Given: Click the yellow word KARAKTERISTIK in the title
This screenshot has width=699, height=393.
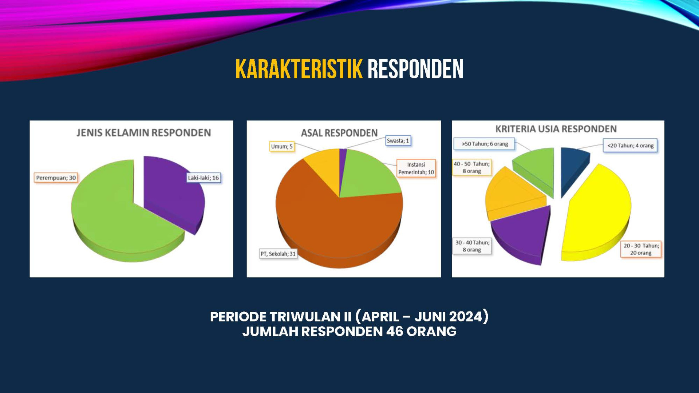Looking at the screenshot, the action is tap(299, 69).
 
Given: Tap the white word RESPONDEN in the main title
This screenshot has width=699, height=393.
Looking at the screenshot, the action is tap(415, 69).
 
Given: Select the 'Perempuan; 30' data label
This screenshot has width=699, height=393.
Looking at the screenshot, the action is tap(56, 178).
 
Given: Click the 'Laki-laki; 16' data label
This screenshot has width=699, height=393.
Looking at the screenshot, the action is tap(204, 178).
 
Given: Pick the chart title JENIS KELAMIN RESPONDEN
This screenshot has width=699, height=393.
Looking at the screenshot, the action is tap(143, 132).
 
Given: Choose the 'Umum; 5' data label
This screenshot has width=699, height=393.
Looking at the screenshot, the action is tap(282, 146).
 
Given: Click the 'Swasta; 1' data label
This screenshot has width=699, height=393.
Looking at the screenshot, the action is tap(398, 140).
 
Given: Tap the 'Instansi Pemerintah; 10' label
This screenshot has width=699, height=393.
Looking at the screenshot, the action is tap(416, 168).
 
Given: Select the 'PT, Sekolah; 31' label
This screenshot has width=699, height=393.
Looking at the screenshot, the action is tap(278, 254).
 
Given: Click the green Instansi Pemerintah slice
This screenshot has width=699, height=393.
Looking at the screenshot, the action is tap(368, 175).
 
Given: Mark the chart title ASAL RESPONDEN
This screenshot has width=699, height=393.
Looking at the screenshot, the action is tap(339, 133).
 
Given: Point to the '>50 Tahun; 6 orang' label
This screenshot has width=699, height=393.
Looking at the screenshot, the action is tap(485, 144).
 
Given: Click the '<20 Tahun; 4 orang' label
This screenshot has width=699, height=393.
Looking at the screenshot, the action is tap(630, 146).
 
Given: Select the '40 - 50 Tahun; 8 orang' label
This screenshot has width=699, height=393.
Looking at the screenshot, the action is tap(472, 167).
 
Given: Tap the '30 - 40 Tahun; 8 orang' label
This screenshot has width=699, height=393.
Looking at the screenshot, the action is tap(472, 246).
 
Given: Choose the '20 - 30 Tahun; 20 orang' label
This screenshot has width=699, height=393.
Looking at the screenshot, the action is tap(641, 249).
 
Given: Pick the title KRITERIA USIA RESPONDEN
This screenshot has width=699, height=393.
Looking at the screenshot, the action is tap(556, 129).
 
